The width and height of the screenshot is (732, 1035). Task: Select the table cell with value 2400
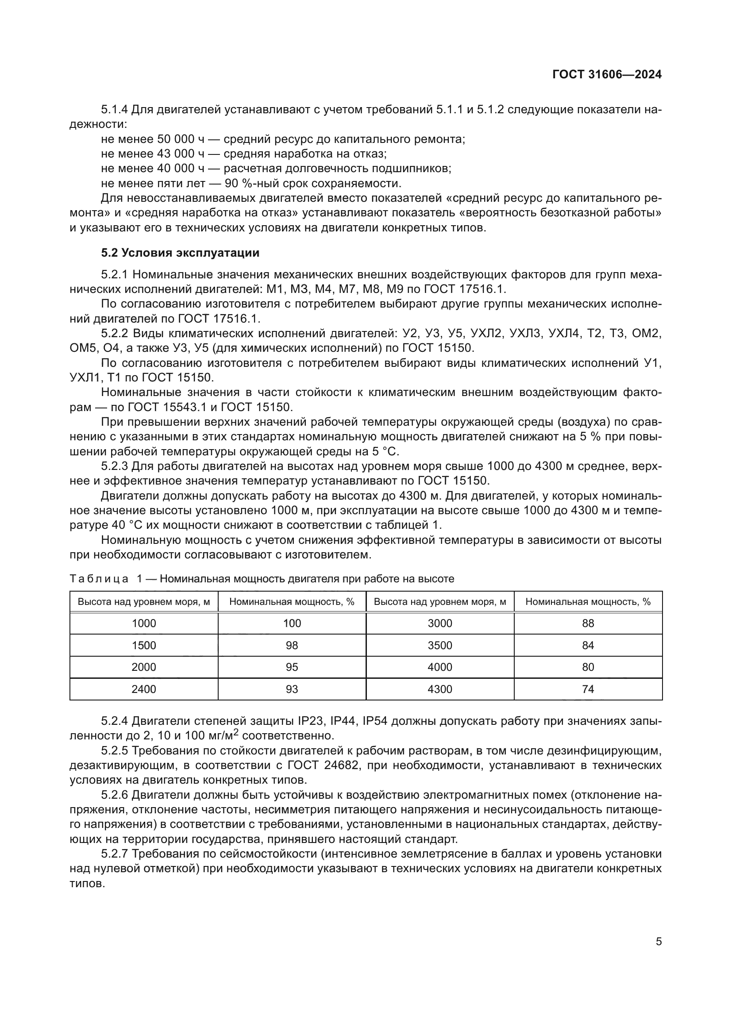144,689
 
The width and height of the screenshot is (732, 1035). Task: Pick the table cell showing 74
588,689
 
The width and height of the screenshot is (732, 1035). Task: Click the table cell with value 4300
439,689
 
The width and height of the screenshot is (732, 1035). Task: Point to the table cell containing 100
292,623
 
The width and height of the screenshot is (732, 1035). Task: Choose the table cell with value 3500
439,646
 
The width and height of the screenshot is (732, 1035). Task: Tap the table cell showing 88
588,623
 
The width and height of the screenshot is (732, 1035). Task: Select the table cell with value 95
292,667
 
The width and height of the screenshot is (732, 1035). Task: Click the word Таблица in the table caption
99,579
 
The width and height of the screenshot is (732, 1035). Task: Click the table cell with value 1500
144,646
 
